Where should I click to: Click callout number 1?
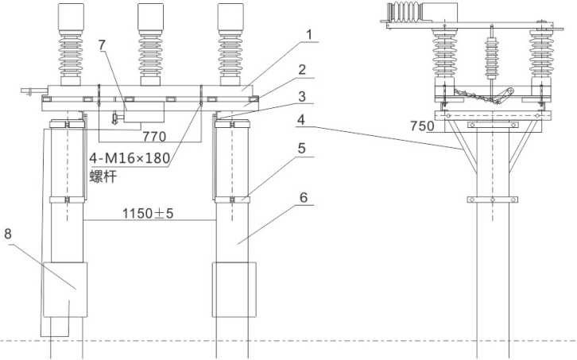point(309,35)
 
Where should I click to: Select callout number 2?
point(302,70)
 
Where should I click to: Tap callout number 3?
point(302,96)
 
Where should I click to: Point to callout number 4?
point(301,120)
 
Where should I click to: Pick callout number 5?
point(302,149)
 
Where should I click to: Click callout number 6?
point(304,198)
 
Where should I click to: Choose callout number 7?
point(102,45)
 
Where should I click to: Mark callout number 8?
point(8,234)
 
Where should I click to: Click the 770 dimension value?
point(154,137)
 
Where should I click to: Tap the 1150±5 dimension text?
point(148,213)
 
